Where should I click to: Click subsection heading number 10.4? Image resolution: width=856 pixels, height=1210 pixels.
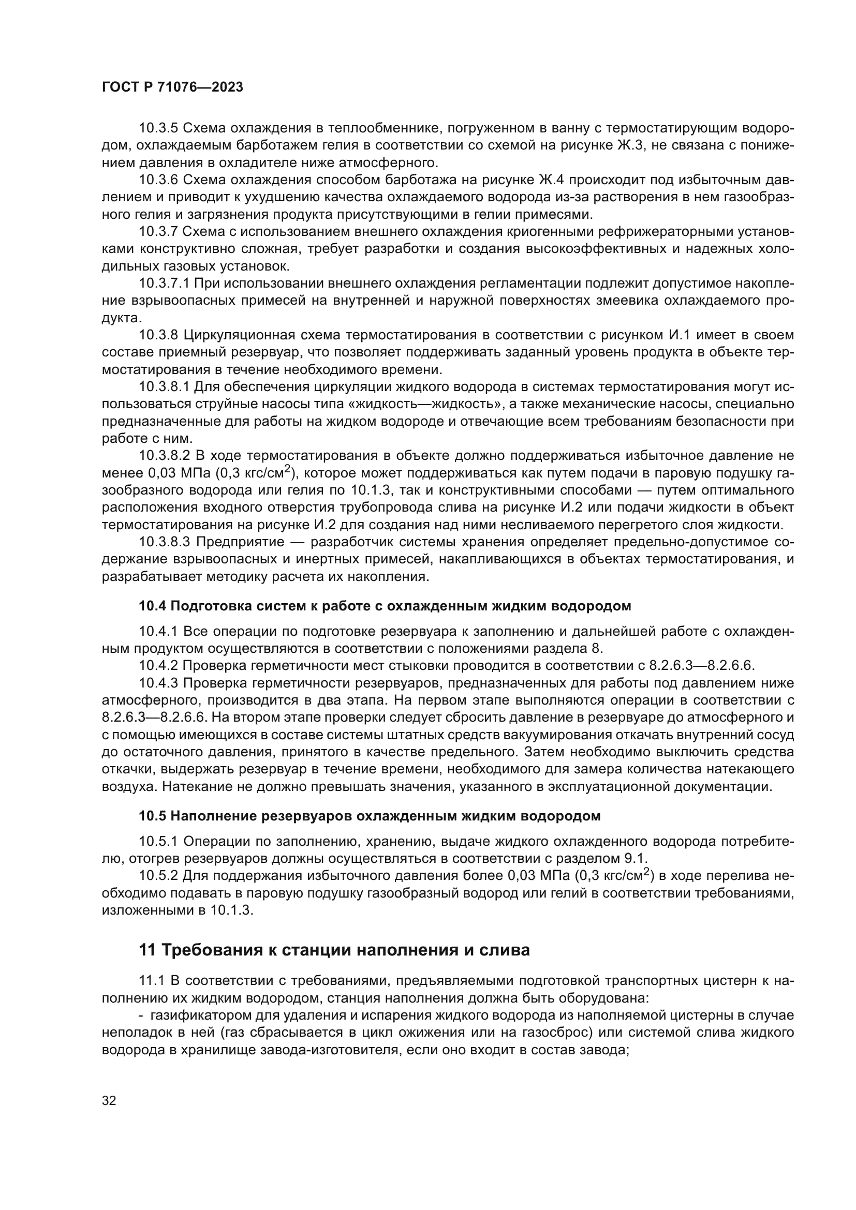[152, 606]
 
